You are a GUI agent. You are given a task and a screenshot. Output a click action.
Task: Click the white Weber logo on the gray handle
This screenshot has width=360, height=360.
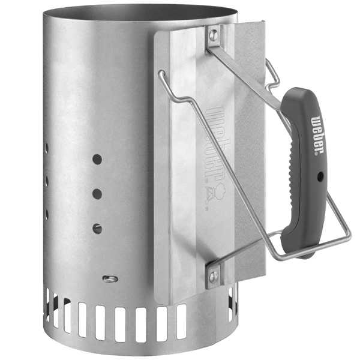(317, 135)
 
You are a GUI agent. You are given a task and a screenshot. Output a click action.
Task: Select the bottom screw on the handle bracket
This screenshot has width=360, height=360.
(214, 275)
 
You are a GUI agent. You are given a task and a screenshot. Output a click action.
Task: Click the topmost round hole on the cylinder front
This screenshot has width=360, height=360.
(97, 159)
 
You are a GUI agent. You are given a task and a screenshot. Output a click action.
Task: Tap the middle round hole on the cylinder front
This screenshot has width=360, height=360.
(97, 194)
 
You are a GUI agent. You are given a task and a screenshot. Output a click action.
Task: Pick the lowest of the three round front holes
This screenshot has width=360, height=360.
(97, 229)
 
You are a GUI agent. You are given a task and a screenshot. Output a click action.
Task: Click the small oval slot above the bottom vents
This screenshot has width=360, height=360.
(110, 279)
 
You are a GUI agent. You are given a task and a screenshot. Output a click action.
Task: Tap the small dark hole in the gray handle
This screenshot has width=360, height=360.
(320, 176)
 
